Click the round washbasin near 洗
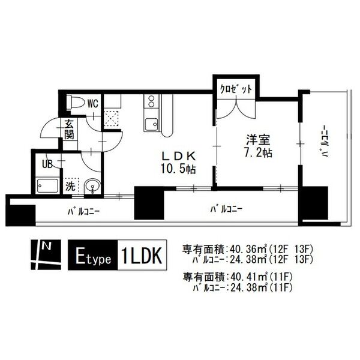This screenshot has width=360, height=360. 92,186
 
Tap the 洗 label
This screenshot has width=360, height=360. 70,185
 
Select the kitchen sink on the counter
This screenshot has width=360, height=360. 151,124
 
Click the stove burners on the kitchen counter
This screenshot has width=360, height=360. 150,101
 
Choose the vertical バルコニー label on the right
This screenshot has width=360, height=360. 325,144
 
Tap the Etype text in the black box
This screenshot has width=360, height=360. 92,254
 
